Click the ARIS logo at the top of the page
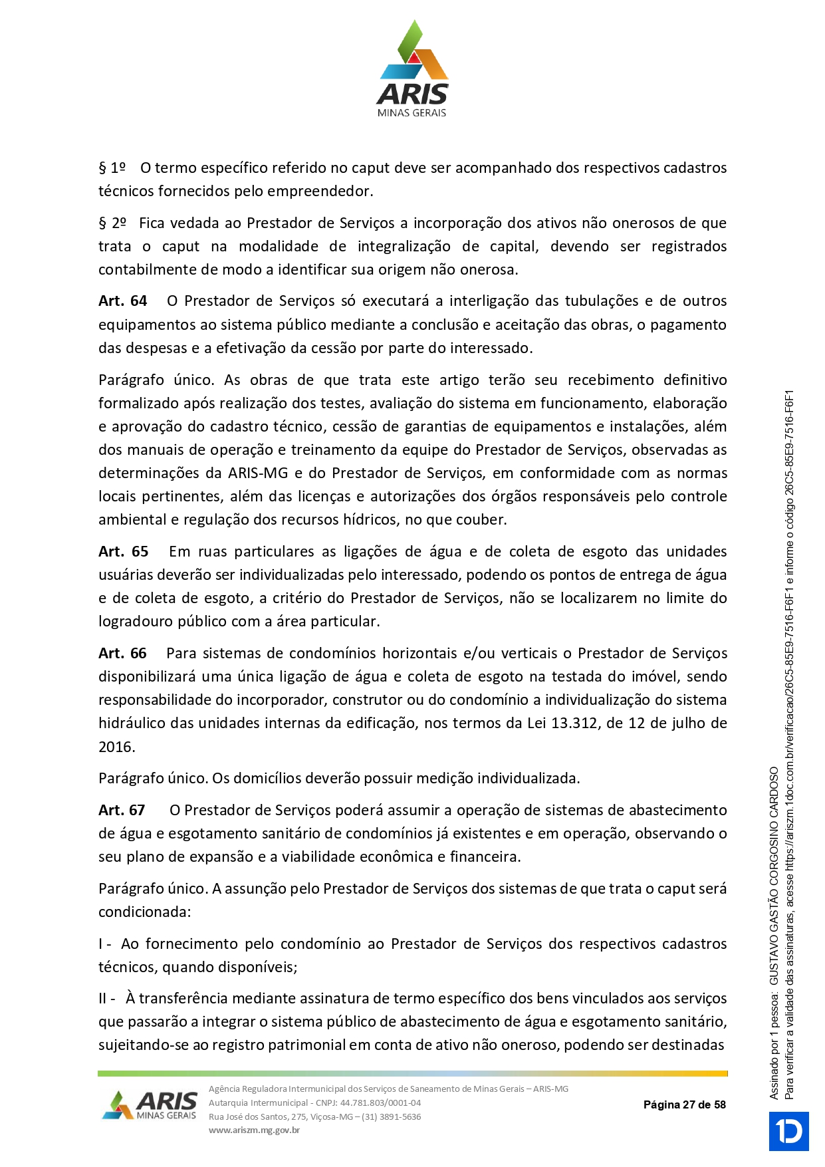(412, 69)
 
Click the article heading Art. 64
(123, 301)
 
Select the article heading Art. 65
(124, 552)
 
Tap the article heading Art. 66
(123, 654)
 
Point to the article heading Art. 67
(122, 811)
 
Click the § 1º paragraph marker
(112, 168)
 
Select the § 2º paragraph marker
(112, 223)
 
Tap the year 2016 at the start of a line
(116, 747)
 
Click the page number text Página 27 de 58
(684, 1104)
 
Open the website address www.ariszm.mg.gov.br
(254, 1130)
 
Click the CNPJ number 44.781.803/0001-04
(380, 1102)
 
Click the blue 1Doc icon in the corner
(789, 1131)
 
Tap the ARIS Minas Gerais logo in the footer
(150, 1105)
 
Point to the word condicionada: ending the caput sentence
(145, 912)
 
